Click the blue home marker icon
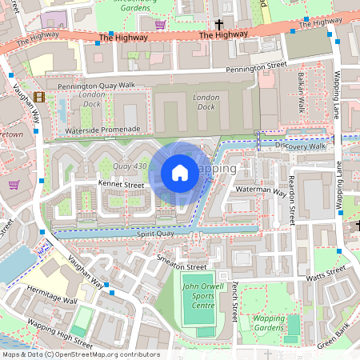(180, 172)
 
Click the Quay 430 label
(130, 166)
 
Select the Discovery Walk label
(300, 146)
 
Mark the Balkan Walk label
(302, 94)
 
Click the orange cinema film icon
(39, 98)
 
